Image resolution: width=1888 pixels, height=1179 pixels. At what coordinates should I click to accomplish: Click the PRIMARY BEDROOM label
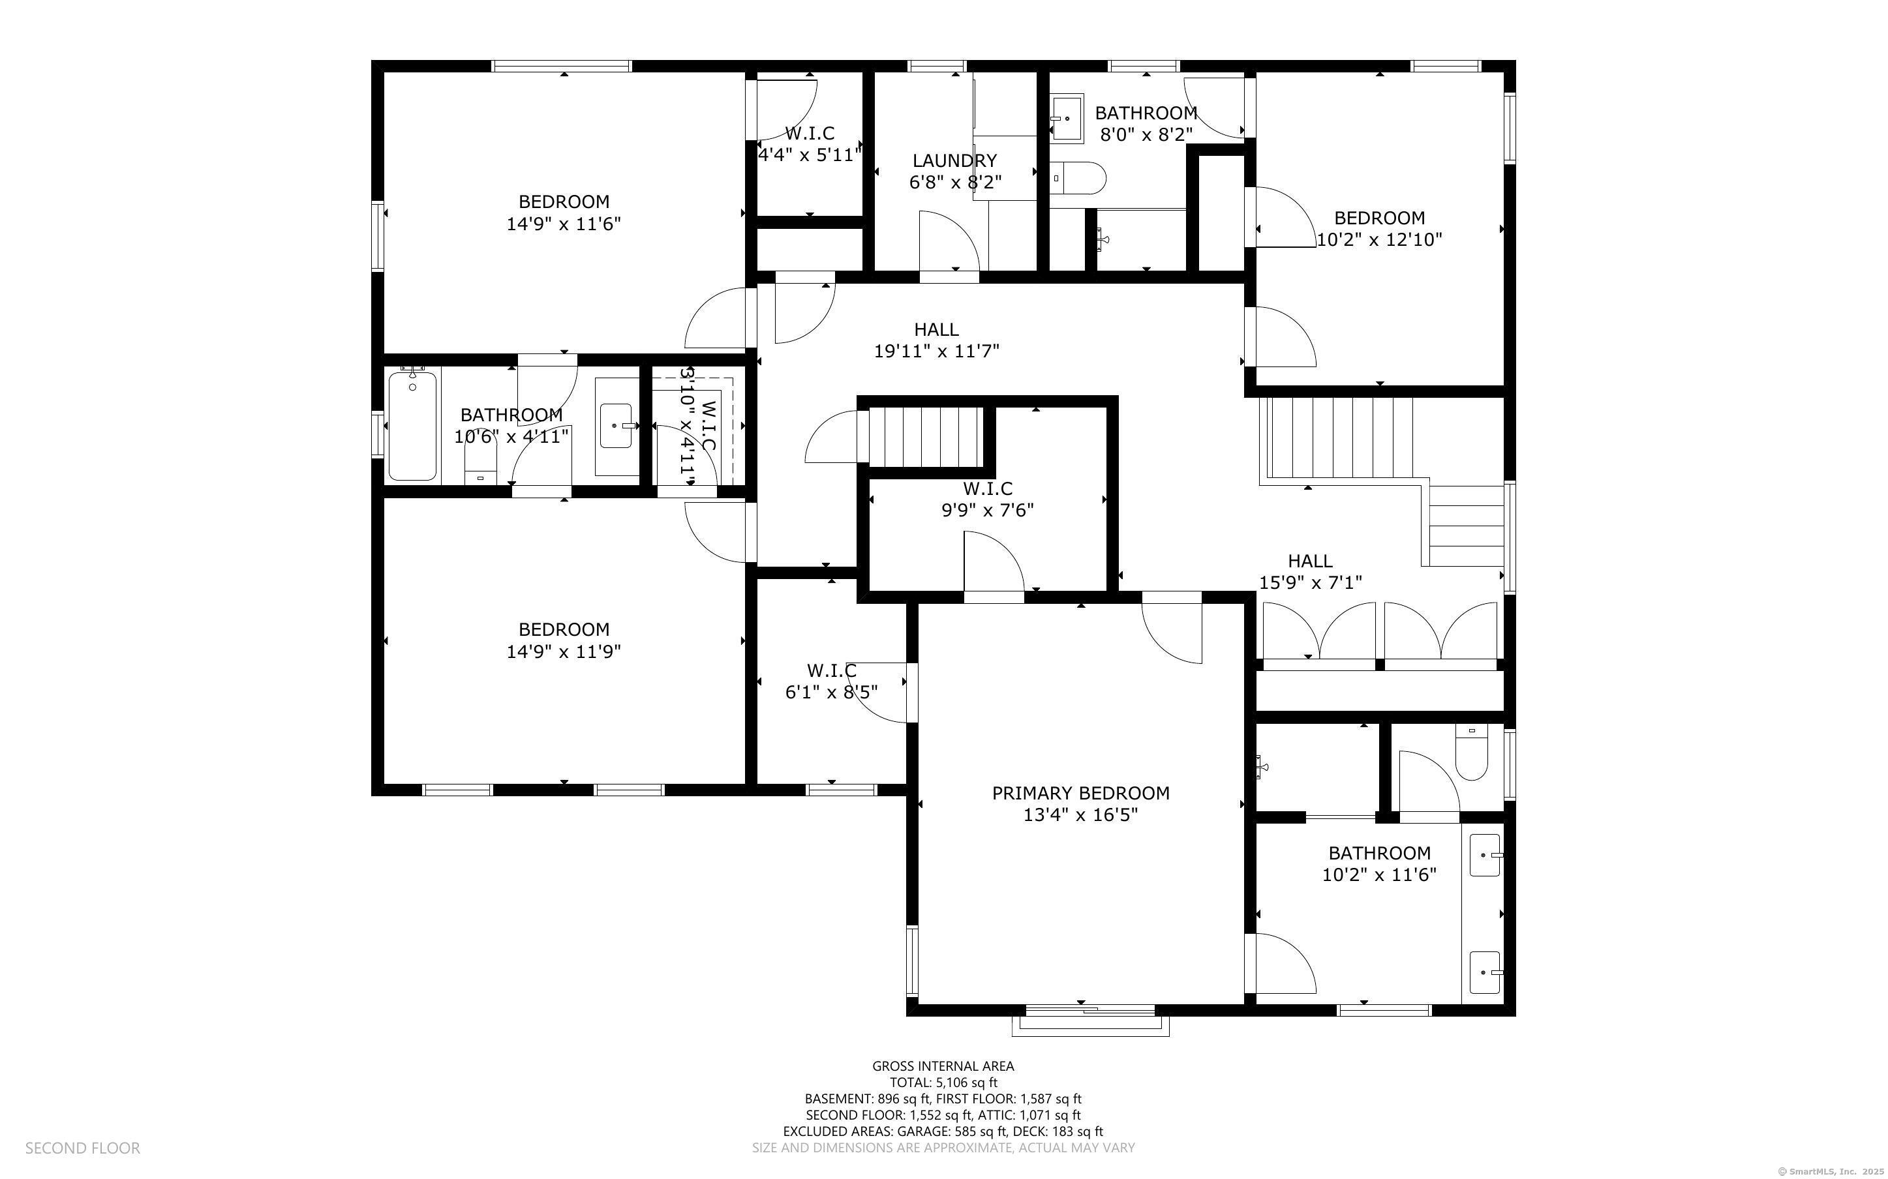pos(1080,793)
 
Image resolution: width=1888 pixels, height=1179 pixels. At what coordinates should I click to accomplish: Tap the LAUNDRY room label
pos(954,160)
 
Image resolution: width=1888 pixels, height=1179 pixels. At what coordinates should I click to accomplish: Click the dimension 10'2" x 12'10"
pos(1380,240)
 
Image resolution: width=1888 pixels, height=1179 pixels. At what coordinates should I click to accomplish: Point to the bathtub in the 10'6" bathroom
pos(412,426)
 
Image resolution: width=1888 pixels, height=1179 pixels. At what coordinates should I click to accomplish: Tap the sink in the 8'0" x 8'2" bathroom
pos(1067,119)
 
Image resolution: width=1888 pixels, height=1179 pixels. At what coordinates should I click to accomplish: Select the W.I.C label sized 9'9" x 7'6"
pos(987,489)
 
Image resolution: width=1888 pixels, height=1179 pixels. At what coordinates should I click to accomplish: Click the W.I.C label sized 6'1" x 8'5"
pos(831,670)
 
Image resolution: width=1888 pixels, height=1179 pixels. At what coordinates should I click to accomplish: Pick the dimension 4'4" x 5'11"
pos(810,155)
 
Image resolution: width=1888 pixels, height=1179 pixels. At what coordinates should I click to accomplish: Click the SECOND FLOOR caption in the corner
pos(83,1148)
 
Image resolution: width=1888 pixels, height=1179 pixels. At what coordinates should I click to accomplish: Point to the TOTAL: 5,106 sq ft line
pos(943,1082)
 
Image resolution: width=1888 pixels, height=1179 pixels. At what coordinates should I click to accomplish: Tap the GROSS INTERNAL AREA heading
pos(943,1066)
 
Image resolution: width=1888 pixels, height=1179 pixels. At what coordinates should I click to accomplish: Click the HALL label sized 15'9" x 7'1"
pos(1310,561)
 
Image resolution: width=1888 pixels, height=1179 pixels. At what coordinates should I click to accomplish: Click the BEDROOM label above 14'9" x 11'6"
pos(564,202)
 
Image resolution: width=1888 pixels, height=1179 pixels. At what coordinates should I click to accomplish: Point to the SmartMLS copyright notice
pos(1831,1171)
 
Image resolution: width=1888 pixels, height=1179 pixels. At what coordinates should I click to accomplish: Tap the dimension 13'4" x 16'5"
pos(1080,816)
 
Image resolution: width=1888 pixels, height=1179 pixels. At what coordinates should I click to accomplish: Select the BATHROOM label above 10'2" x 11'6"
pos(1380,853)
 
